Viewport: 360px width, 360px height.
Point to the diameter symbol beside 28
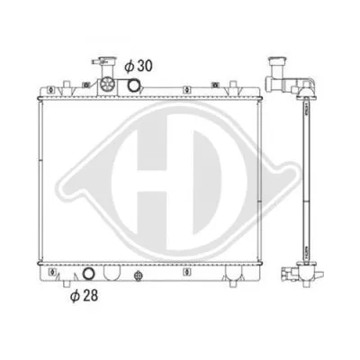73,292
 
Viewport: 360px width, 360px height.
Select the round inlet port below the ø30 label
133,86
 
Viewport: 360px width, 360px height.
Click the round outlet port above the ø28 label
88,275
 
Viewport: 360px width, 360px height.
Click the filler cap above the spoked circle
99,64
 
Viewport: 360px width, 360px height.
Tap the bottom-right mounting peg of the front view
236,286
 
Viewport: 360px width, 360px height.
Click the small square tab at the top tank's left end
53,88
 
